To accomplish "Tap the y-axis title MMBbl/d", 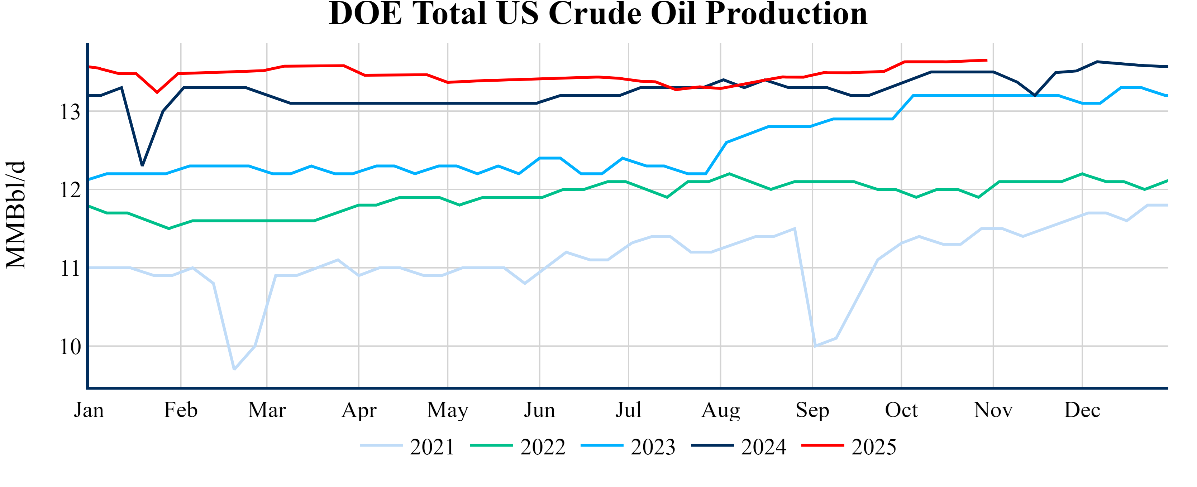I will coord(16,215).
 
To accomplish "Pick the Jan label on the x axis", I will coord(89,410).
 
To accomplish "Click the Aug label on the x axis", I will coord(720,410).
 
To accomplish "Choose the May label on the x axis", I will coord(448,410).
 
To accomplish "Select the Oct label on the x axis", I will coord(901,410).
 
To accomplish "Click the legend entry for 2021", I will coord(407,447).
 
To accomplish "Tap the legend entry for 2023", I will coord(628,447).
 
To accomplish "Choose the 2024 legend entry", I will coord(739,447).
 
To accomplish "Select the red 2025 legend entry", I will coord(849,447).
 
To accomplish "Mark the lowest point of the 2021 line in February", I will coord(234,370).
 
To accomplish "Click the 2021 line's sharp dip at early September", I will coord(815,346).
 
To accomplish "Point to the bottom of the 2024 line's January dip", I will coord(142,166).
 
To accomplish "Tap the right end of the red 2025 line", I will coord(987,60).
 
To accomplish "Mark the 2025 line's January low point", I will coord(157,92).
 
